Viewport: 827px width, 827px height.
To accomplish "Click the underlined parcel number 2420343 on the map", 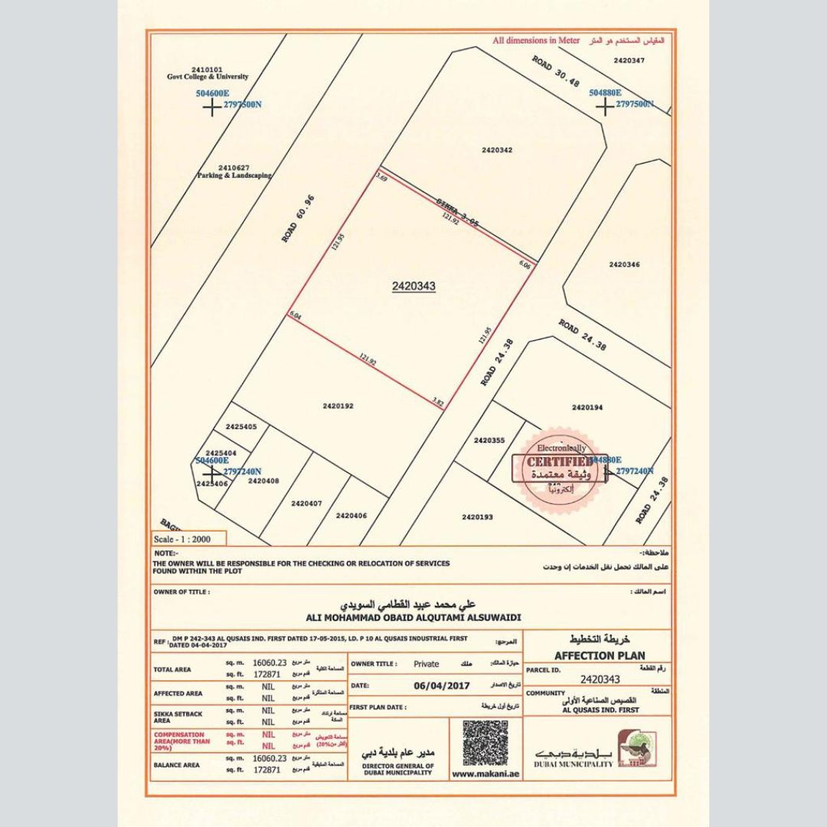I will [413, 286].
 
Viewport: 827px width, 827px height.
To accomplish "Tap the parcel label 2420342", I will [497, 150].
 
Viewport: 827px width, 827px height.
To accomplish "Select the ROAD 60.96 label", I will [299, 219].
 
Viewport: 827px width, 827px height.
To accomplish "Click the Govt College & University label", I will [208, 77].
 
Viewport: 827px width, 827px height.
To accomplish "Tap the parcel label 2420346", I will [624, 264].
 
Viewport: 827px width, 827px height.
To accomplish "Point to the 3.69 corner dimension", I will [381, 178].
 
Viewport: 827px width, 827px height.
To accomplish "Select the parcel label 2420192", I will [338, 406].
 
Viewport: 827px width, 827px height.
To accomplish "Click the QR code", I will [485, 743].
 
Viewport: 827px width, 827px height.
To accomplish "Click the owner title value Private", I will [427, 665].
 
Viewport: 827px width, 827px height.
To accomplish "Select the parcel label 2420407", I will [306, 503].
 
